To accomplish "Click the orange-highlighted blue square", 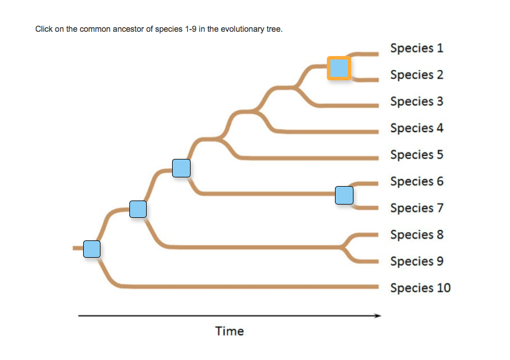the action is pos(339,68).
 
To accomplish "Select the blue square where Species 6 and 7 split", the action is pos(344,195).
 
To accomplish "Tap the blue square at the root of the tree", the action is pos(92,249).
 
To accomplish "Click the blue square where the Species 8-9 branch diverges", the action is pos(138,209).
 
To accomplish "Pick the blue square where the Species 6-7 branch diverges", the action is pos(181,168).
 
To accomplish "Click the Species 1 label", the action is pos(416,48).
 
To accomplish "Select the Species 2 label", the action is pos(416,75).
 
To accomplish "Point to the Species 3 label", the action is pos(416,102).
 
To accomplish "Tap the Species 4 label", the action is pos(416,128).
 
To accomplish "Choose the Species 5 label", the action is pos(416,155).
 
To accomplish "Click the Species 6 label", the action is pos(416,181).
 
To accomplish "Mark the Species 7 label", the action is pos(416,209).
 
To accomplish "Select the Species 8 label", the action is pos(416,235).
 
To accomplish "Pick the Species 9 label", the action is pos(416,262).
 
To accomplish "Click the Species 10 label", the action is pos(420,288).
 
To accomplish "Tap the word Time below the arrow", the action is pos(229,331).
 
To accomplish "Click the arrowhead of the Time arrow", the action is pos(378,316).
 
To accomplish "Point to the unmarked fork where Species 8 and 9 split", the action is pos(342,247).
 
